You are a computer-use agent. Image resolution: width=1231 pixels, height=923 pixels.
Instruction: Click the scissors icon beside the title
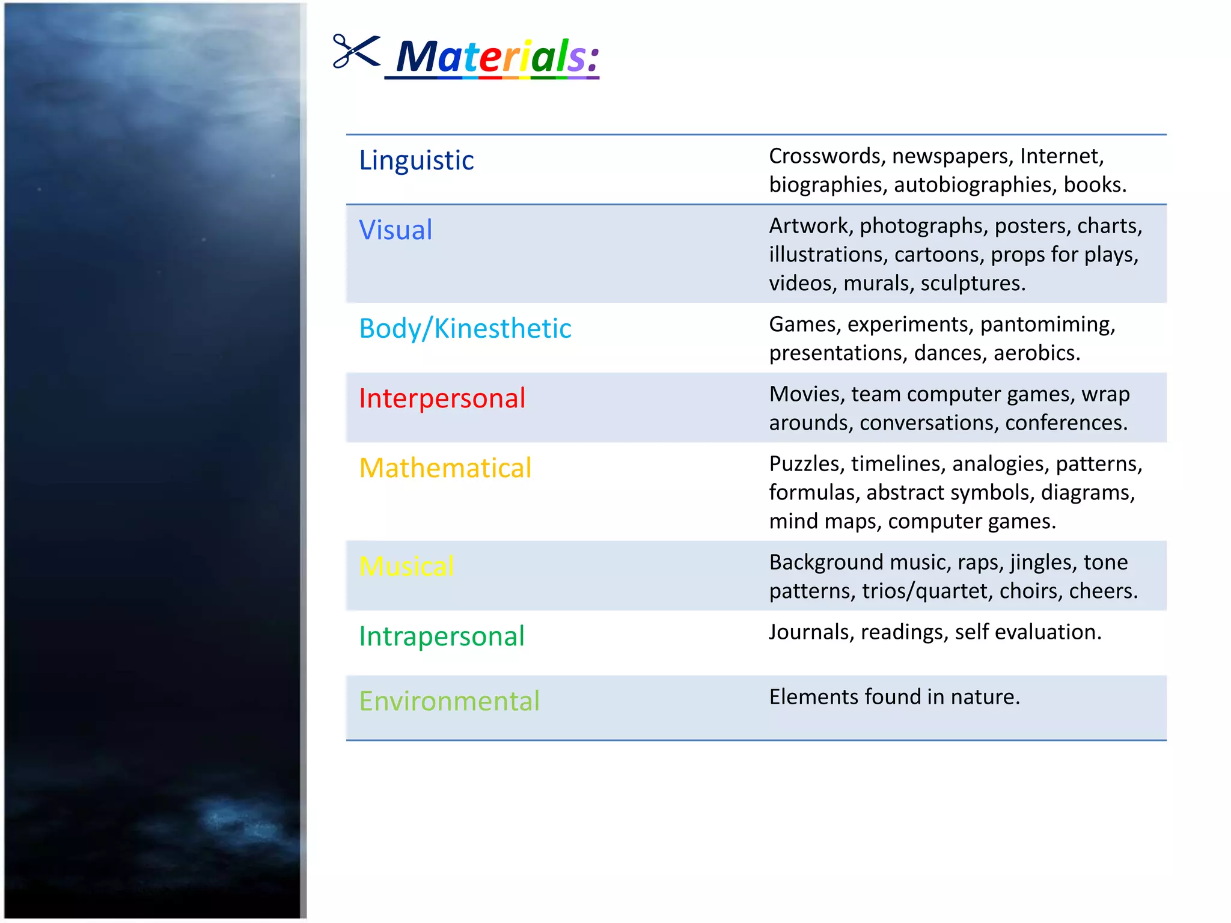356,52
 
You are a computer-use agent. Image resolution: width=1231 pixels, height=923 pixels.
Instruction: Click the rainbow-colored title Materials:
497,57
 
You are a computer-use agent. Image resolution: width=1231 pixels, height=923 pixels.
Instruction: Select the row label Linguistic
416,160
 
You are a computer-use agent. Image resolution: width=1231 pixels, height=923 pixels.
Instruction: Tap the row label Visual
396,230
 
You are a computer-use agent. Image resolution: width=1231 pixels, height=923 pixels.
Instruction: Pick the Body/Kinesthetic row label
465,329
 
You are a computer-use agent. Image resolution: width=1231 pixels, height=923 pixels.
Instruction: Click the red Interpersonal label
442,398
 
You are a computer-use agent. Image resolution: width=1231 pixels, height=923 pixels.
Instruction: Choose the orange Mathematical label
445,468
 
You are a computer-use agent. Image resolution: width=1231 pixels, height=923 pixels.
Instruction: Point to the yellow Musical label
406,567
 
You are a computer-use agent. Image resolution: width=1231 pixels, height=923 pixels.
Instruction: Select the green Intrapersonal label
441,636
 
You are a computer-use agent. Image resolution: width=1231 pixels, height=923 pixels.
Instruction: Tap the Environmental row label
449,701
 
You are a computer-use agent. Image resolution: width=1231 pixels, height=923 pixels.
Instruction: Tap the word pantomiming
1048,325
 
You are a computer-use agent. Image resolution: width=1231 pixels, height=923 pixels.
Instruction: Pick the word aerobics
1036,353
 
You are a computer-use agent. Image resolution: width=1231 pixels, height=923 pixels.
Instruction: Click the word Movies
806,394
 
